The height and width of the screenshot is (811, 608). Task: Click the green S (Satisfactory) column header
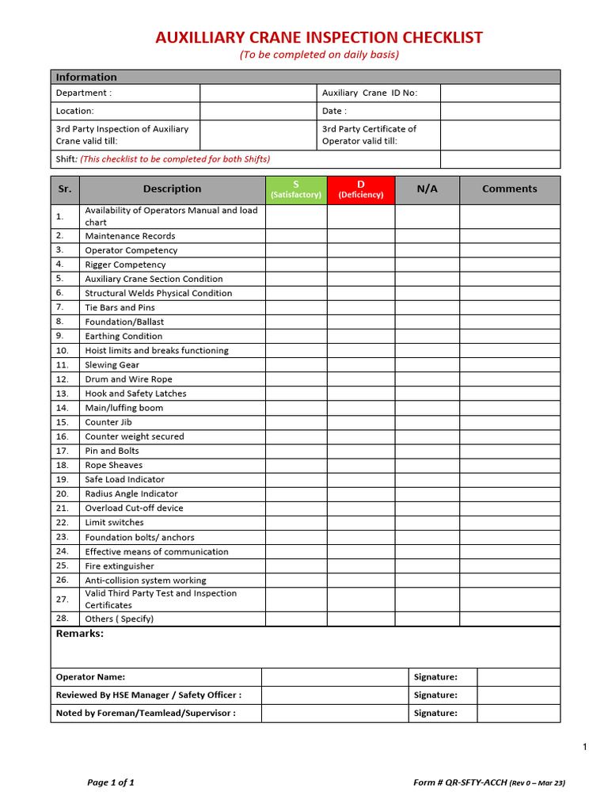(295, 189)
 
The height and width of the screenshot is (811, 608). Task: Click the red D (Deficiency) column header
(360, 189)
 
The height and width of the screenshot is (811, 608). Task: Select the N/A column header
(427, 189)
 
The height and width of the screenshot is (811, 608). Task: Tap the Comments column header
(509, 189)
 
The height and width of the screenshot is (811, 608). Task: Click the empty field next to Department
(257, 93)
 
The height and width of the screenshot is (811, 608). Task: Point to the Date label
(334, 112)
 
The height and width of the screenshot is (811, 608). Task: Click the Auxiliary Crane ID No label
(369, 93)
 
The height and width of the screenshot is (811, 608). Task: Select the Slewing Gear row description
(112, 365)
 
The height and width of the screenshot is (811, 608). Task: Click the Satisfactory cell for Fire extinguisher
(295, 566)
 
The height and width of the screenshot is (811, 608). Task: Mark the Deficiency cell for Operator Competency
(360, 250)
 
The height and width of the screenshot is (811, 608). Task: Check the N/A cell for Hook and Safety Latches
(427, 394)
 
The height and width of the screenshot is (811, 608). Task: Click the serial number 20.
(63, 493)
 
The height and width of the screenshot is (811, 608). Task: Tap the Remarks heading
(79, 634)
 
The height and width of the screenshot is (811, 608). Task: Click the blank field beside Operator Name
(335, 677)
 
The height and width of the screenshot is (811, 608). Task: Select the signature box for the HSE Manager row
(518, 695)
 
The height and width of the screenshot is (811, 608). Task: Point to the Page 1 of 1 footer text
(110, 782)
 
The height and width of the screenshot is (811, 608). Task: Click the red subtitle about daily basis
(319, 55)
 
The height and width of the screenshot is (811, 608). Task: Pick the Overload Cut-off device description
(134, 508)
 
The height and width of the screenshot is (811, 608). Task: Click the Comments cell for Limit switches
(509, 523)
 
